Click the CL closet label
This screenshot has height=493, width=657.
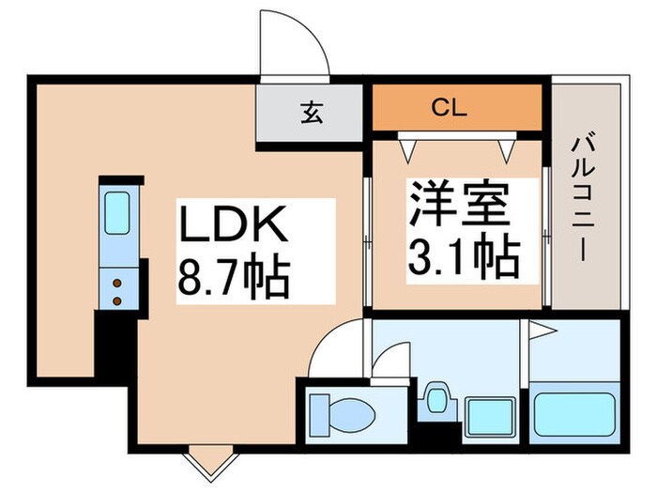449,107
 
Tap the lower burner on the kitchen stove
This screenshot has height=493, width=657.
117,300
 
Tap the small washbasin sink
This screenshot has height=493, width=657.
435,399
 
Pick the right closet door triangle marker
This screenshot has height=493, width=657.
508,148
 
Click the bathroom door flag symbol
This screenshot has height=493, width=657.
541,331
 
